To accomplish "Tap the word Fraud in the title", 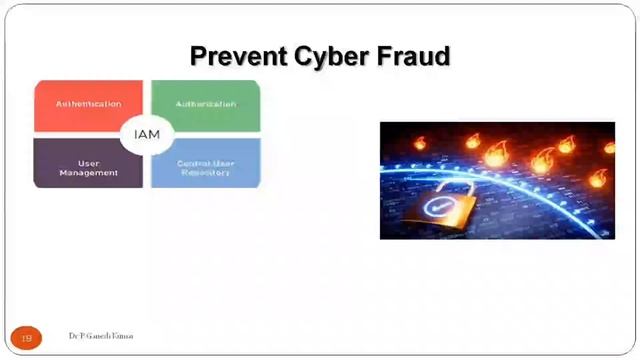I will (411, 56).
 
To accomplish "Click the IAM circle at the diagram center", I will (146, 134).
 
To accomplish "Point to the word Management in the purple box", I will (88, 173).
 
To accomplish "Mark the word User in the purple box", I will (88, 163).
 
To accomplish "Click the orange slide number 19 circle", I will (27, 338).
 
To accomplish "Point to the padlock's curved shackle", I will (455, 185).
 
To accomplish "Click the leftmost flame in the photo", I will (419, 144).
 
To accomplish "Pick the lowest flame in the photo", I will (597, 177).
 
